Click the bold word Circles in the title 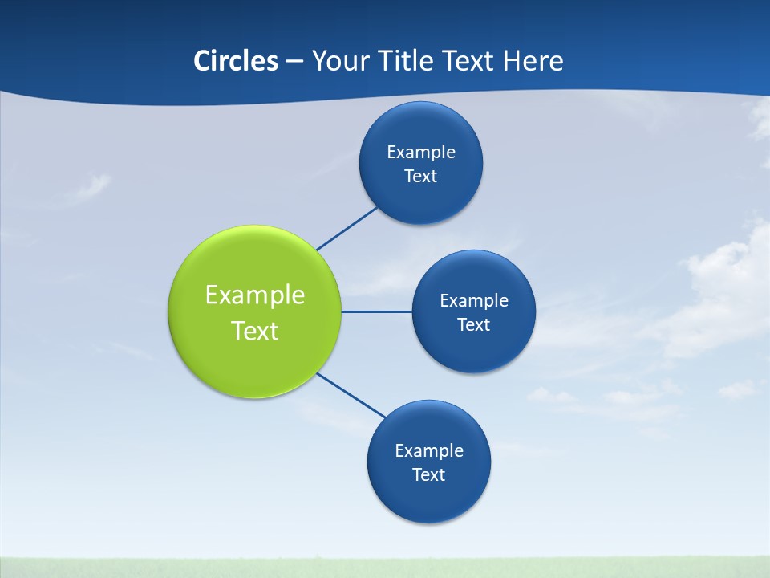click(236, 61)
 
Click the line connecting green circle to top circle click(346, 228)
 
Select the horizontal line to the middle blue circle click(377, 311)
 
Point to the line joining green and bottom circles click(351, 396)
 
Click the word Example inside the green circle click(255, 295)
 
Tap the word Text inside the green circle click(255, 331)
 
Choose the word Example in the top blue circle click(421, 152)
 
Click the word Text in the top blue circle click(421, 176)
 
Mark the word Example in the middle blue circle click(474, 300)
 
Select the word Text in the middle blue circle click(474, 324)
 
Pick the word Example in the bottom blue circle click(429, 450)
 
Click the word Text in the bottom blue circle click(429, 474)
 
